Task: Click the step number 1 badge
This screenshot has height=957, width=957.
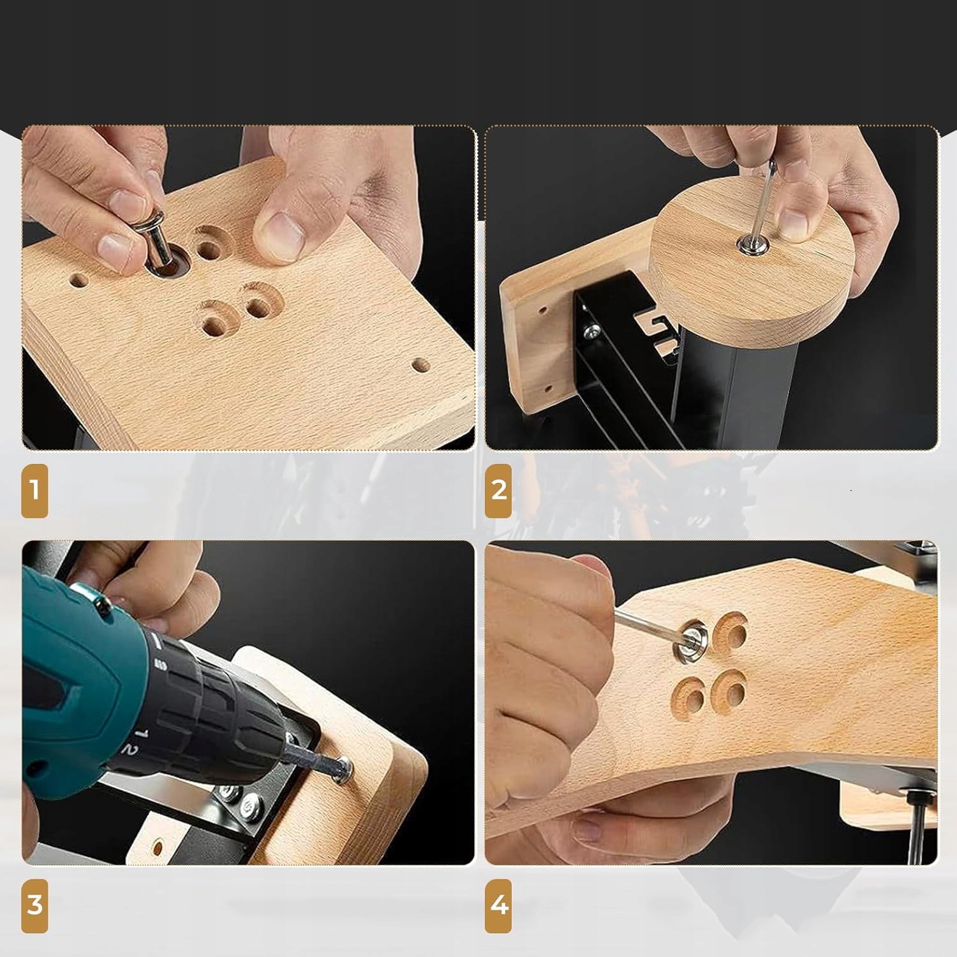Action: click(x=34, y=491)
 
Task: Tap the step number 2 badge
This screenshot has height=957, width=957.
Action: click(x=498, y=491)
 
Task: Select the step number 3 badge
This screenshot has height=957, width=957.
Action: click(x=34, y=905)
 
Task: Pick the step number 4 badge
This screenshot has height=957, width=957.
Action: click(x=498, y=905)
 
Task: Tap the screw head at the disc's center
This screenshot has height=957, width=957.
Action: click(x=746, y=242)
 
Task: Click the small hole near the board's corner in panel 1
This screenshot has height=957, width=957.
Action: click(x=420, y=366)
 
